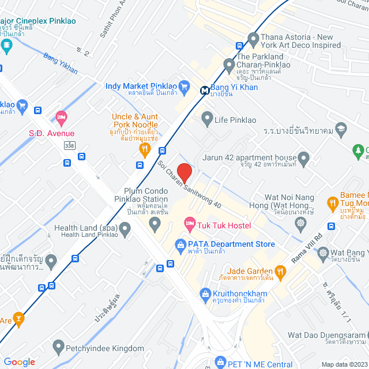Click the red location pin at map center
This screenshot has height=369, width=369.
[x=184, y=172]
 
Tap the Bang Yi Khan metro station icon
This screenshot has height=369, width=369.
[x=205, y=89]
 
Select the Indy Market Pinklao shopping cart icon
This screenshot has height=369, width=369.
[x=184, y=87]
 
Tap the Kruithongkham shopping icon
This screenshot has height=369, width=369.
[x=205, y=295]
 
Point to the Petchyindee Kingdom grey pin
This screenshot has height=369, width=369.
[x=58, y=347]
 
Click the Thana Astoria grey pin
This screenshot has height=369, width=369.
[x=253, y=40]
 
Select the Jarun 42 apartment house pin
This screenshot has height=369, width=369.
[x=304, y=157]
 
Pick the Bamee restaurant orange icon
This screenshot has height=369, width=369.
[x=332, y=202]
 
